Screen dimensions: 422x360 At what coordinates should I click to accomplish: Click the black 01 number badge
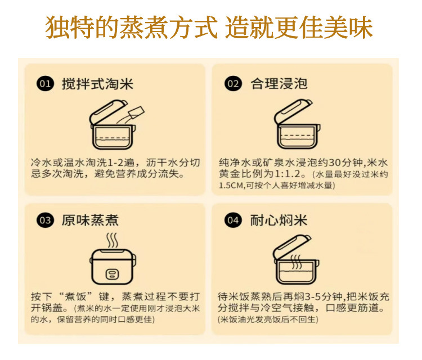point(45,83)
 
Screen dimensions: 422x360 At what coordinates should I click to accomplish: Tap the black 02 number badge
point(233,83)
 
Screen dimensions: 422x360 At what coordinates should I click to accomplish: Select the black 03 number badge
point(45,220)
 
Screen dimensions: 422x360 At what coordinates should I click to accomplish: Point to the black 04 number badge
point(233,220)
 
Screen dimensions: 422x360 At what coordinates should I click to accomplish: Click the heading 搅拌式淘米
point(97,84)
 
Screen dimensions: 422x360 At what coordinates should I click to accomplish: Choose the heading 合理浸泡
point(279,83)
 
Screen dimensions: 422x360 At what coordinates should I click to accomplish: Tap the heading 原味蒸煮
point(91,220)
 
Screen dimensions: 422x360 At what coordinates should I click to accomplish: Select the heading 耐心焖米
point(279,220)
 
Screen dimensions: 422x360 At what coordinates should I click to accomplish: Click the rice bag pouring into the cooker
point(137,112)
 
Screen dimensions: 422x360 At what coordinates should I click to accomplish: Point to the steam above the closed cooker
point(112,240)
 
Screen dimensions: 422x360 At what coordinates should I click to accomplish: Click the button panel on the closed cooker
point(112,274)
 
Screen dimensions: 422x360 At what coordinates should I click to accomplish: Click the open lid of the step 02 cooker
point(293,111)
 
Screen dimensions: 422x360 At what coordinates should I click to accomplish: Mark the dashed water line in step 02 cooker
point(297,136)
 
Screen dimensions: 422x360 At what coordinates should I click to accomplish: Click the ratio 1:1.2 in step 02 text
point(287,174)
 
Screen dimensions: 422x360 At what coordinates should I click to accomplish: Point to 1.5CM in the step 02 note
point(231,186)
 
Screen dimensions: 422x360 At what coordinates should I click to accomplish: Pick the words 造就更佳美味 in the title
point(299,27)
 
